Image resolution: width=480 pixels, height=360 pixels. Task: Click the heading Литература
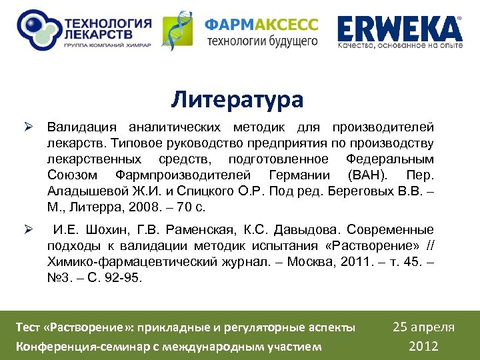[237, 99]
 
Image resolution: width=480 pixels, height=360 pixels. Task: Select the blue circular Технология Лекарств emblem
[37, 31]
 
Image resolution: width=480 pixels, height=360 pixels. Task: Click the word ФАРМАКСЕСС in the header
[261, 25]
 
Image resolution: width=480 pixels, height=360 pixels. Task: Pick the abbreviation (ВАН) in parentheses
[364, 175]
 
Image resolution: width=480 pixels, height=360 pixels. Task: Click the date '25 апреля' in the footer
[423, 327]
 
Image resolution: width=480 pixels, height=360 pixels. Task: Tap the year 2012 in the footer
[423, 346]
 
